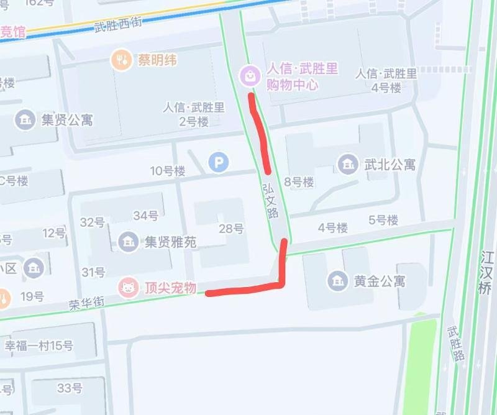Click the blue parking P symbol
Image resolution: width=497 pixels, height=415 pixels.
[218, 163]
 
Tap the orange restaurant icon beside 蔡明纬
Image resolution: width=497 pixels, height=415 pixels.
[121, 60]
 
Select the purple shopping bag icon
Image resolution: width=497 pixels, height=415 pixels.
[250, 75]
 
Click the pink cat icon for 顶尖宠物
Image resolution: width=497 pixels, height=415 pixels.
[129, 288]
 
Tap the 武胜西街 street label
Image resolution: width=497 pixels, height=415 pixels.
[118, 25]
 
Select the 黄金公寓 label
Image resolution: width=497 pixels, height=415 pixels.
[380, 281]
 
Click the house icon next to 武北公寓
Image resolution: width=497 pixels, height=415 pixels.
[347, 165]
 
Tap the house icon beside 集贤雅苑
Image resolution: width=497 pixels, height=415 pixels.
[129, 241]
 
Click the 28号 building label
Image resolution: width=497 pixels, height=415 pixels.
[231, 229]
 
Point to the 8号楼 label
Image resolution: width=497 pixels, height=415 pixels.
[299, 182]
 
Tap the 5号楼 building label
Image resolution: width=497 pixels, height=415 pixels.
[383, 220]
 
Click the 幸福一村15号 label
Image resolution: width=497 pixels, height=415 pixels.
[39, 345]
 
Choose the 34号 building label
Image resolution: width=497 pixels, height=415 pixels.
[146, 216]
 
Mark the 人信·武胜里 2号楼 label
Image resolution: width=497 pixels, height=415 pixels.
[194, 114]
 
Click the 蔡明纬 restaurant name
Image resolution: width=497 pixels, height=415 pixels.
[157, 60]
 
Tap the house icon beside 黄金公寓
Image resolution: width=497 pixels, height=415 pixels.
[338, 281]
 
